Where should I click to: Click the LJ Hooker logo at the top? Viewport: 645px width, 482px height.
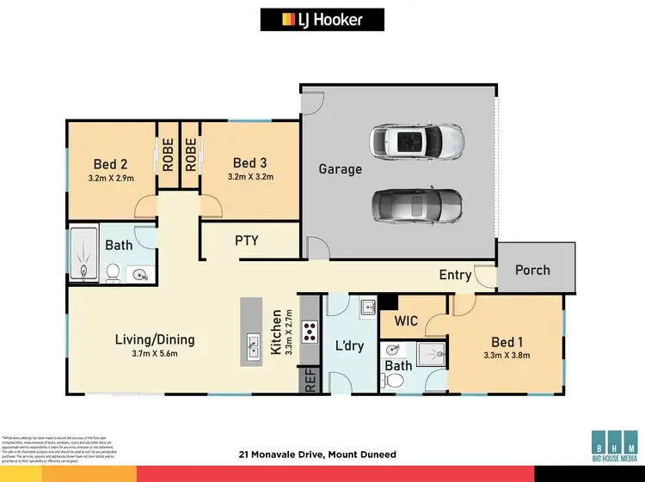[x=322, y=20]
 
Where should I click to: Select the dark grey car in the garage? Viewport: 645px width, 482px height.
[x=417, y=204]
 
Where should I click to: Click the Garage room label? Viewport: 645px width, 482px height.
[x=341, y=169]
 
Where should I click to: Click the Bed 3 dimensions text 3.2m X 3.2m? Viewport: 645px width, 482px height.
[x=250, y=177]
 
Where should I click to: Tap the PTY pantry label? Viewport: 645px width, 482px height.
[x=247, y=241]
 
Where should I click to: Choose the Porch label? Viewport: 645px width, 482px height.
[x=532, y=270]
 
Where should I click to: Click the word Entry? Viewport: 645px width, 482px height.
[x=455, y=275]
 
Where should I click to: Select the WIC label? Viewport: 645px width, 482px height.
[x=406, y=321]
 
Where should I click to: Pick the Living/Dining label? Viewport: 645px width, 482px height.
[x=155, y=339]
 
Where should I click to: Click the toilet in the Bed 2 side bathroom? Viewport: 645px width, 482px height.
[x=112, y=273]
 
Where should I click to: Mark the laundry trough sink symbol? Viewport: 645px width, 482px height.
[x=367, y=307]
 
